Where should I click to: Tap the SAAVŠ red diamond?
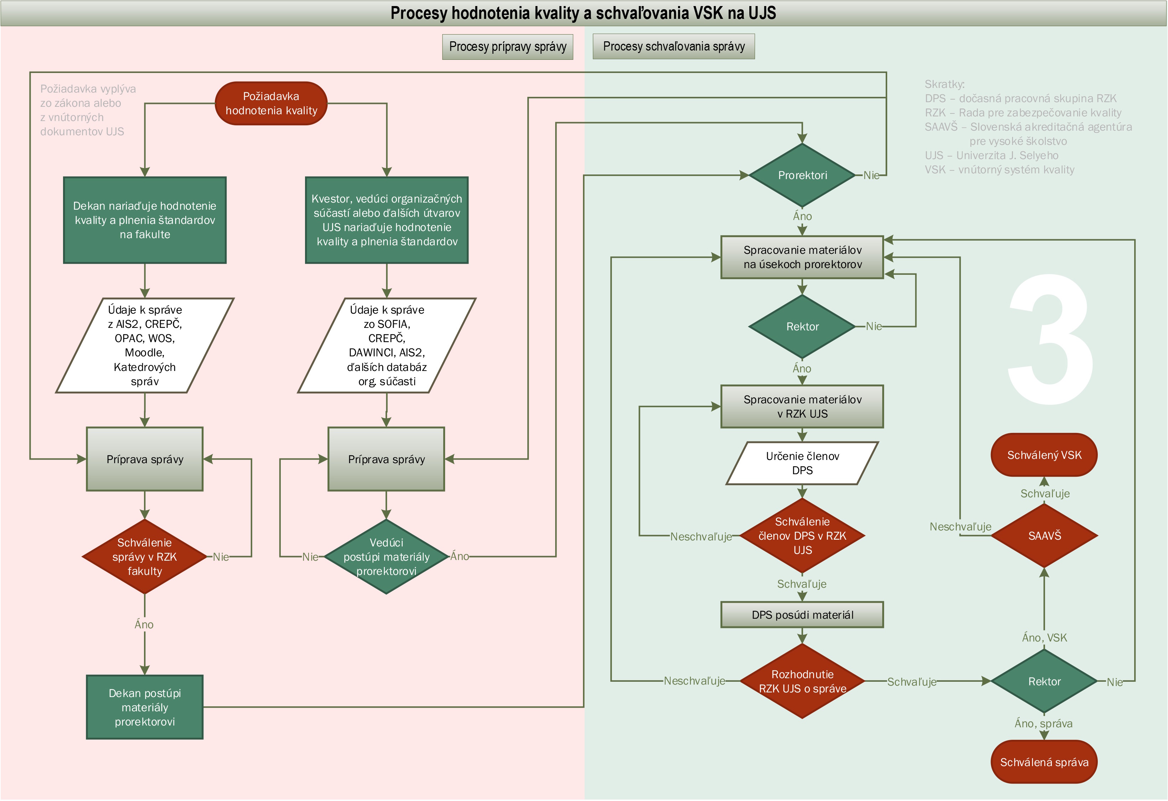1044,536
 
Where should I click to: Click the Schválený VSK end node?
1044,455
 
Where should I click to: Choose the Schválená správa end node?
1044,762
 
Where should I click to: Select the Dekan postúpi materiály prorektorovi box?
145,707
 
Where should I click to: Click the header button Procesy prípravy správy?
508,47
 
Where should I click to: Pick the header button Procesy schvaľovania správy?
673,47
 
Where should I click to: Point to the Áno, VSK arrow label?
1044,638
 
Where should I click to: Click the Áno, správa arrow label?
1043,724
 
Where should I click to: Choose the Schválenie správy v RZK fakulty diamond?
145,556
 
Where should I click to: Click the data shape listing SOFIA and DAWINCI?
387,346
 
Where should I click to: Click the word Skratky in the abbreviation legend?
944,84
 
